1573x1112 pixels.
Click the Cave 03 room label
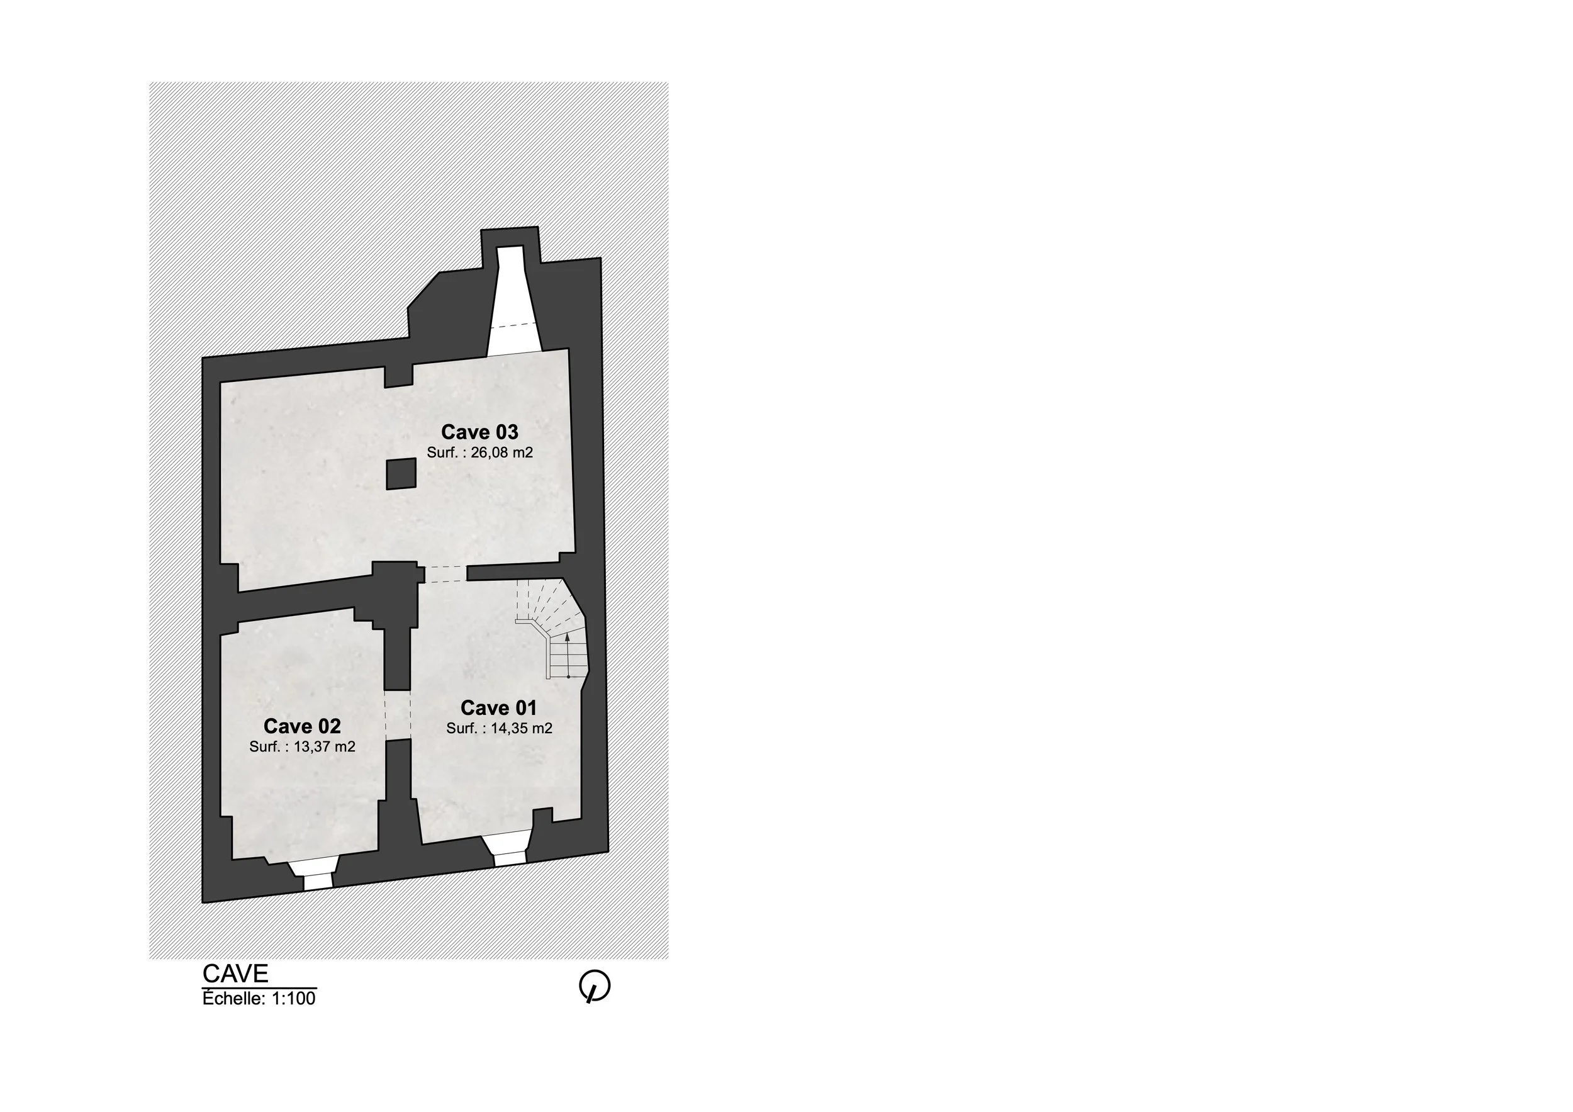[x=479, y=432]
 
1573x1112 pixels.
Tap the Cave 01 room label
[x=499, y=708]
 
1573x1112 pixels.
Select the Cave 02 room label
[x=302, y=726]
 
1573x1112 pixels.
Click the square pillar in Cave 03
[x=401, y=474]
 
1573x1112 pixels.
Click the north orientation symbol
[x=595, y=987]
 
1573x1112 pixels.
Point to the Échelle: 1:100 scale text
[x=259, y=998]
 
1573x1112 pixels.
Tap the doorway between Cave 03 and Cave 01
[x=445, y=574]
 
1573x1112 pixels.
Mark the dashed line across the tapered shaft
[x=513, y=325]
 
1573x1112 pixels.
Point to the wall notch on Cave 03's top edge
[x=399, y=376]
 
